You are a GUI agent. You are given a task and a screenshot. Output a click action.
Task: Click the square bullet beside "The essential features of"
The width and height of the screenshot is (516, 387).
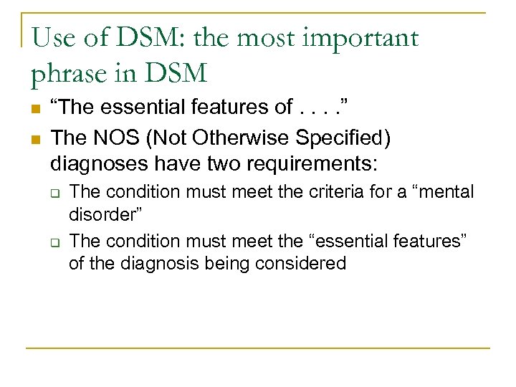pyautogui.click(x=34, y=109)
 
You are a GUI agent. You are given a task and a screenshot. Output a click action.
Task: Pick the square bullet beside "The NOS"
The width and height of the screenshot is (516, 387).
pyautogui.click(x=34, y=136)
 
